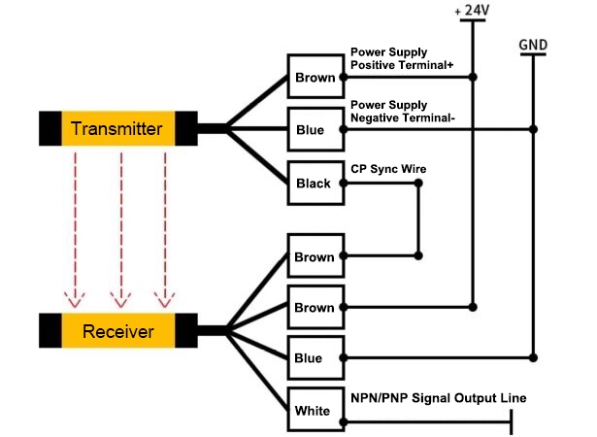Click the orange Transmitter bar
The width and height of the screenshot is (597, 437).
click(x=116, y=128)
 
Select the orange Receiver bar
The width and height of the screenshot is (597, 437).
click(x=117, y=332)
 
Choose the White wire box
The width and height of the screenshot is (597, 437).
click(x=314, y=410)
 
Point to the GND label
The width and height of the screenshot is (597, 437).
click(x=532, y=44)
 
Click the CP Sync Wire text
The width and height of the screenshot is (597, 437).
click(x=387, y=169)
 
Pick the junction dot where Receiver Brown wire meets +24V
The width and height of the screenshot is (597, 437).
click(x=472, y=308)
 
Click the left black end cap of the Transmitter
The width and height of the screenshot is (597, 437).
click(x=50, y=128)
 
